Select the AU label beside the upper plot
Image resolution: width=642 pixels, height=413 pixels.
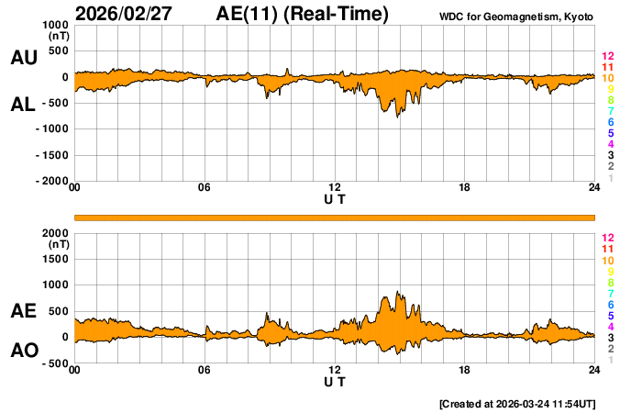(x=23, y=58)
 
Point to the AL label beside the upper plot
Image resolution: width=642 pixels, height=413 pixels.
(x=23, y=105)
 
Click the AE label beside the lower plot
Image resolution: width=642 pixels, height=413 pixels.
(x=23, y=311)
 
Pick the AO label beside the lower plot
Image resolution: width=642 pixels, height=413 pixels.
(x=23, y=351)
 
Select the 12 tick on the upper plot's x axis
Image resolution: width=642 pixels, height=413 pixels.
(x=335, y=188)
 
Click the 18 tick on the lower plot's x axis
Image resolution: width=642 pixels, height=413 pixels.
(x=465, y=370)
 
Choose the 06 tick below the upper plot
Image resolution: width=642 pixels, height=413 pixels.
(x=205, y=188)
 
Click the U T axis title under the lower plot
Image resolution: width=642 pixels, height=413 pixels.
(x=335, y=380)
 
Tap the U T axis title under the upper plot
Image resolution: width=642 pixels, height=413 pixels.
(x=335, y=198)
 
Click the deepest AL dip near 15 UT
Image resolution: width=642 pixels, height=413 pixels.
(x=398, y=117)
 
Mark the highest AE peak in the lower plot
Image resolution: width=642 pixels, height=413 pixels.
(x=398, y=293)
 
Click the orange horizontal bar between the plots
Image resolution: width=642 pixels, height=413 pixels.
(x=335, y=217)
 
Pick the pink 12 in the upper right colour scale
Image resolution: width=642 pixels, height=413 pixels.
(x=607, y=57)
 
